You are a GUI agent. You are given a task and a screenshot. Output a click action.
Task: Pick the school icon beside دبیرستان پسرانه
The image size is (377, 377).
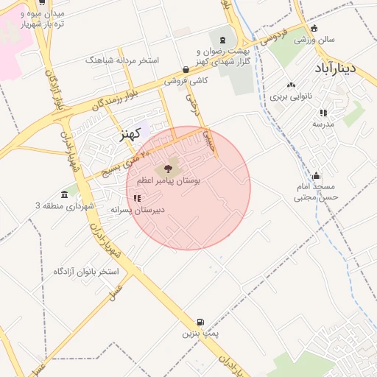(x=137, y=198)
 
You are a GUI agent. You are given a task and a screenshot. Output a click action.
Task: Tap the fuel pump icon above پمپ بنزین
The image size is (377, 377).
(x=201, y=322)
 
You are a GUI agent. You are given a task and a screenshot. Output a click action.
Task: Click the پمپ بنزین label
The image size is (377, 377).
(x=201, y=334)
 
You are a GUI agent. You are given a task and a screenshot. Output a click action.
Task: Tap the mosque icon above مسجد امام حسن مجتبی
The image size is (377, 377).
(x=317, y=175)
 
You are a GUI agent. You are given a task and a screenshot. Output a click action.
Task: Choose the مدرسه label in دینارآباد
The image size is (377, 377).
(x=323, y=124)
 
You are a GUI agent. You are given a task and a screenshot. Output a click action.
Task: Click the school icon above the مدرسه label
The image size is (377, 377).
(x=323, y=113)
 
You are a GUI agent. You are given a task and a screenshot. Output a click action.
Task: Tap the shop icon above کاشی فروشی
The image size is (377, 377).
(x=184, y=70)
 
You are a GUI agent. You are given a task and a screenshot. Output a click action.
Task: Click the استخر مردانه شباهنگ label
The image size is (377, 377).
(x=122, y=60)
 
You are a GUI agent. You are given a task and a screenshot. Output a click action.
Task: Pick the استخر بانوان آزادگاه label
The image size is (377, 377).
(x=85, y=272)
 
